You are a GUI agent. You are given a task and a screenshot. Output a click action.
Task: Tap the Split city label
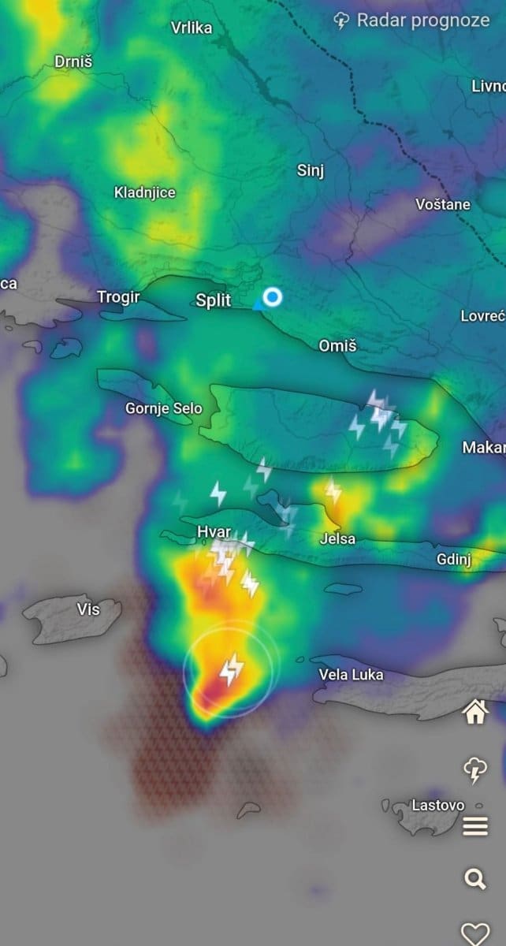[x=214, y=300]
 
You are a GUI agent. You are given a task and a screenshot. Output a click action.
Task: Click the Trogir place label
[x=117, y=297]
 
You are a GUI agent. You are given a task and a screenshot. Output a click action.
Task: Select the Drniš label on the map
[x=73, y=61]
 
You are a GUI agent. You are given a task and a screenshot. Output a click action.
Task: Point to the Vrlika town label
[x=192, y=28]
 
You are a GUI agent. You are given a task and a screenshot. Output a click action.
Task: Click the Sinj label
[x=311, y=170]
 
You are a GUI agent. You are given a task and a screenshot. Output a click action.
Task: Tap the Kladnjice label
[x=145, y=192]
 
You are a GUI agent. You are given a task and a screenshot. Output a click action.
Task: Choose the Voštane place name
[x=443, y=204]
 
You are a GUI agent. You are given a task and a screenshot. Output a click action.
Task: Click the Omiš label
[x=337, y=345]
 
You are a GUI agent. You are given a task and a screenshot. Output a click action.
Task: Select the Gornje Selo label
[x=164, y=408]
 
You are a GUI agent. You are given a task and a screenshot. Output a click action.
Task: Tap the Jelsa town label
[x=337, y=539]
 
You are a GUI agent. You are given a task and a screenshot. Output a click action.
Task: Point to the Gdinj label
[x=454, y=560]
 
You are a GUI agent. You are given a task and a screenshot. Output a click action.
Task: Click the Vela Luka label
[x=351, y=674]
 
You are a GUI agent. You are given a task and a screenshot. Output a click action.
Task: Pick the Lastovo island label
[x=438, y=805]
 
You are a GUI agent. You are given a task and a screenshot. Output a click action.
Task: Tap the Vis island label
[x=89, y=609]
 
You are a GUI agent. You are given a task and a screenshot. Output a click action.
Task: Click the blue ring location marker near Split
[x=273, y=297]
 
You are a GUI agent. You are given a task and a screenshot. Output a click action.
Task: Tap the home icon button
[x=474, y=713]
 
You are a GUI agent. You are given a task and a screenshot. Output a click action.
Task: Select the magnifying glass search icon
[x=474, y=878]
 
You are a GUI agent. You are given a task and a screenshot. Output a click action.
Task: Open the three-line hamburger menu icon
[x=474, y=826]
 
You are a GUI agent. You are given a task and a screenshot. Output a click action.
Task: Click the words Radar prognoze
[x=423, y=20]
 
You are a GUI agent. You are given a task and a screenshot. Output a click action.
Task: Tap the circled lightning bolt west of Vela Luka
[x=230, y=670]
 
